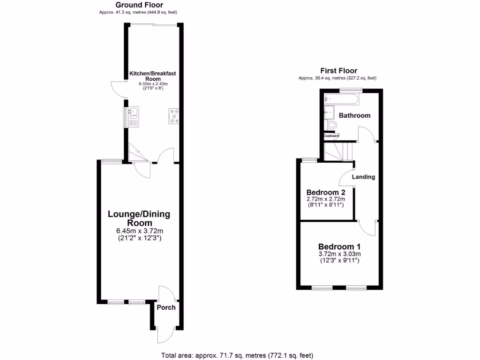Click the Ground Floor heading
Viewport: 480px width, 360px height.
pyautogui.click(x=139, y=5)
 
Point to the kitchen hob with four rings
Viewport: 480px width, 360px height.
pyautogui.click(x=174, y=116)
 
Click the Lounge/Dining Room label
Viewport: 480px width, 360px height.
pyautogui.click(x=139, y=218)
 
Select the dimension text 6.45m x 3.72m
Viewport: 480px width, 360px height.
pyautogui.click(x=139, y=231)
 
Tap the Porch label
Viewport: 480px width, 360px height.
pyautogui.click(x=166, y=307)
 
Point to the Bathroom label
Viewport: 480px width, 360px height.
pyautogui.click(x=354, y=115)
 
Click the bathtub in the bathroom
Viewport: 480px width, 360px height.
pyautogui.click(x=341, y=99)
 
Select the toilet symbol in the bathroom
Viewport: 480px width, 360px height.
pyautogui.click(x=331, y=125)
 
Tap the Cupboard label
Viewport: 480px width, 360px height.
pyautogui.click(x=331, y=136)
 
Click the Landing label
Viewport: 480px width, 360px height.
pyautogui.click(x=363, y=177)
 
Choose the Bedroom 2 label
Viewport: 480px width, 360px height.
pyautogui.click(x=326, y=192)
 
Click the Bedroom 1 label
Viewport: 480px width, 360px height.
pyautogui.click(x=339, y=247)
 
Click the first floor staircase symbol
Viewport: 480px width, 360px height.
pyautogui.click(x=338, y=152)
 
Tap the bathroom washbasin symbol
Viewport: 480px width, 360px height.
pyautogui.click(x=330, y=112)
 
